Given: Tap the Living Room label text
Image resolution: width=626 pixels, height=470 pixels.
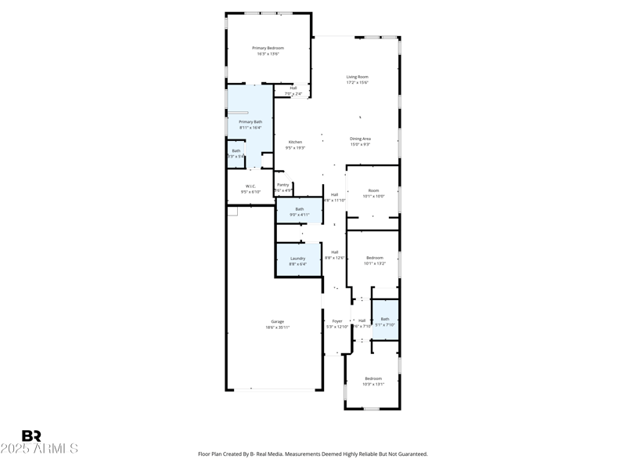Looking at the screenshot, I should pyautogui.click(x=358, y=77).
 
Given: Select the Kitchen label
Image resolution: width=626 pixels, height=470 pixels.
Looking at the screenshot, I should pyautogui.click(x=295, y=142).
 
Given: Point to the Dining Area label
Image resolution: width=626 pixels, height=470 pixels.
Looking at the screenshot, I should pyautogui.click(x=360, y=139).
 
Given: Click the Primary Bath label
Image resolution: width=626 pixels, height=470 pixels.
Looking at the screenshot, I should pyautogui.click(x=250, y=122).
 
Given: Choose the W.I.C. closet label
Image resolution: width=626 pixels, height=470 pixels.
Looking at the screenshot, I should pyautogui.click(x=250, y=186).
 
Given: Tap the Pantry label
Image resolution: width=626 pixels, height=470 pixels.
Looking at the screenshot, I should pyautogui.click(x=283, y=185).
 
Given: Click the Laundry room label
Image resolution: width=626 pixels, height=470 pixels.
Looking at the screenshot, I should pyautogui.click(x=297, y=258).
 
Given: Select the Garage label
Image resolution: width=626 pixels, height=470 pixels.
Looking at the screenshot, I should pyautogui.click(x=277, y=321).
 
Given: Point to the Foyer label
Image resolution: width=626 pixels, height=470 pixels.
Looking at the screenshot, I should pyautogui.click(x=337, y=320).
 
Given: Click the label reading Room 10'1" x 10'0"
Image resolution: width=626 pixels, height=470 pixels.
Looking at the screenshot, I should pyautogui.click(x=373, y=190).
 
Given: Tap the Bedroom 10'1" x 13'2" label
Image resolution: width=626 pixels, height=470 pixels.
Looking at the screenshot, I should pyautogui.click(x=375, y=258).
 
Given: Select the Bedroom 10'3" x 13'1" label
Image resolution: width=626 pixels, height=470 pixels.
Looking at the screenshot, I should pyautogui.click(x=373, y=379).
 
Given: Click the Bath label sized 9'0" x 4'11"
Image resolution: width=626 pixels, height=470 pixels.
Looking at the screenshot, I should pyautogui.click(x=300, y=209).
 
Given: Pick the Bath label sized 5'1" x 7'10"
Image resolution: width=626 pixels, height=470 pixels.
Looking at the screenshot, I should pyautogui.click(x=385, y=319).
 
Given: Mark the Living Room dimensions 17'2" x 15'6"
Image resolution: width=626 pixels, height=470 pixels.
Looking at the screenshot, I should pyautogui.click(x=358, y=82).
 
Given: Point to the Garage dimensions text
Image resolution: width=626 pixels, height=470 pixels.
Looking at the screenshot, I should pyautogui.click(x=277, y=327).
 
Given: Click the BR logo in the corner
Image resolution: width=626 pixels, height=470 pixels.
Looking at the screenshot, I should pyautogui.click(x=31, y=436).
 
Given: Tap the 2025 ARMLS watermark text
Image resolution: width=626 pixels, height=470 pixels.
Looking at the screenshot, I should pyautogui.click(x=39, y=449).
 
